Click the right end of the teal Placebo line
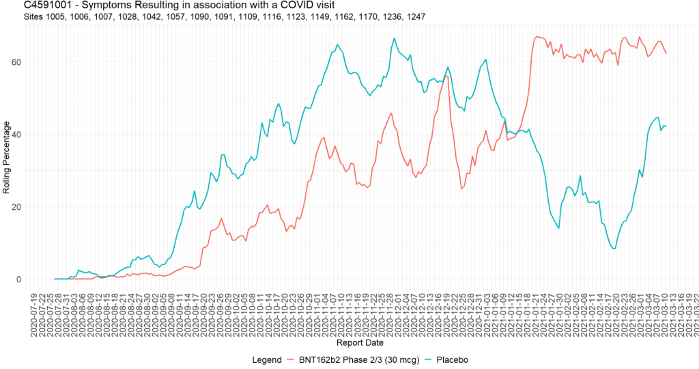(x=666, y=126)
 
